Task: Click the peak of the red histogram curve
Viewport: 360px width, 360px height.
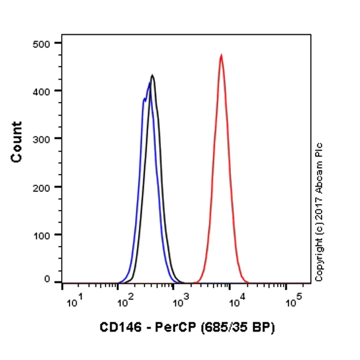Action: pos(221,55)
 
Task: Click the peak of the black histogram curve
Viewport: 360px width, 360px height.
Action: pos(152,76)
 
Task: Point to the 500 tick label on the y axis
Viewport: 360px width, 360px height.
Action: pos(44,43)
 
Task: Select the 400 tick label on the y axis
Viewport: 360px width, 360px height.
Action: pos(44,91)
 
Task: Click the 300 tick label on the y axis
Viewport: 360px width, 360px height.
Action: pos(44,139)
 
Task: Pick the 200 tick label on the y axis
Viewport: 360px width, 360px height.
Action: pos(44,187)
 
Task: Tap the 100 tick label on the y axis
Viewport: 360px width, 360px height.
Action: pos(44,235)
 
